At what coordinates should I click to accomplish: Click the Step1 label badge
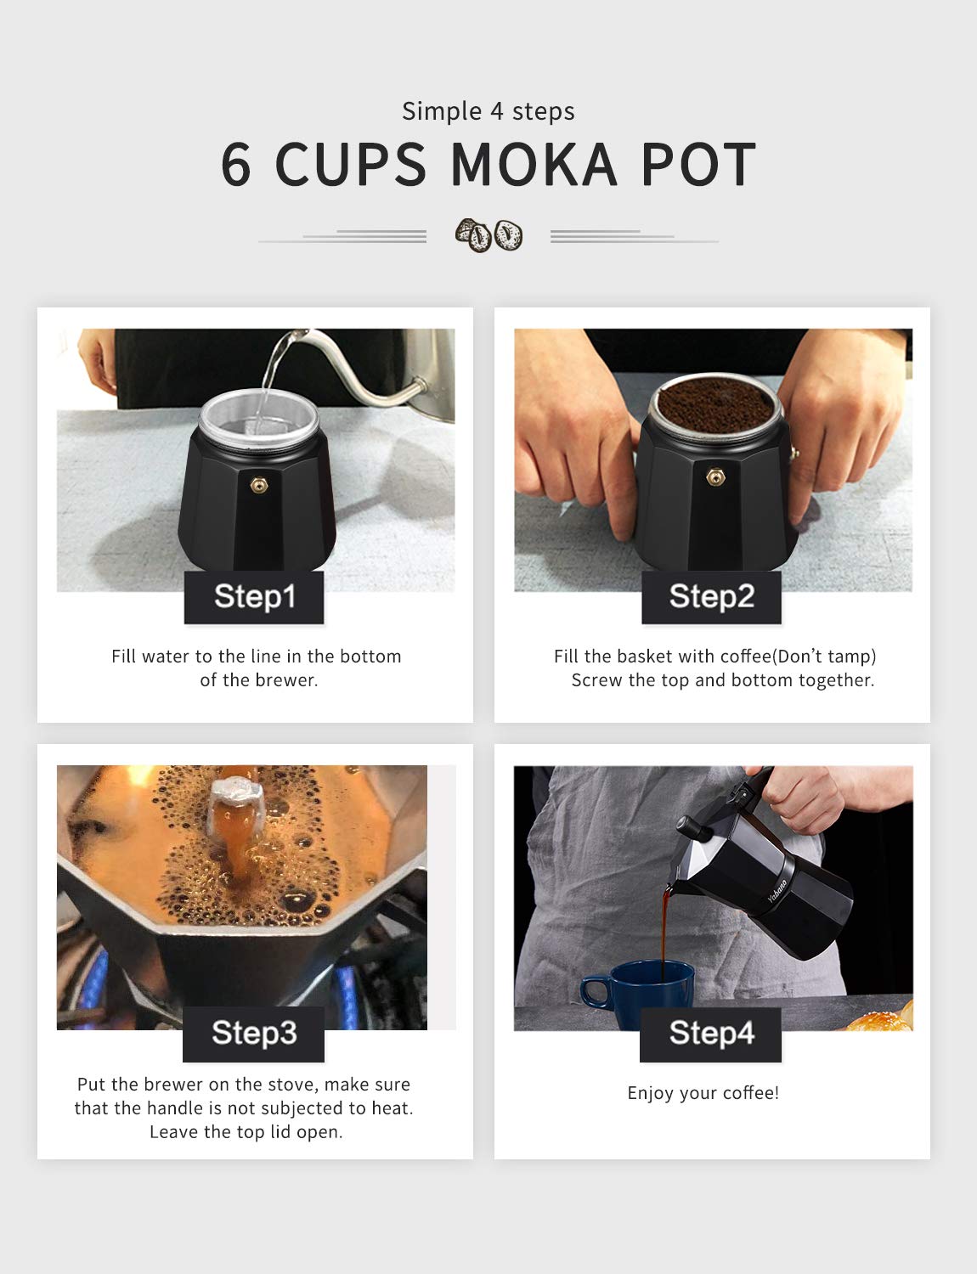[254, 597]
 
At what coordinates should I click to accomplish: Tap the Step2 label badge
[711, 597]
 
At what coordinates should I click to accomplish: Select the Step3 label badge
[253, 1034]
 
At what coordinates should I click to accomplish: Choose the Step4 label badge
[710, 1034]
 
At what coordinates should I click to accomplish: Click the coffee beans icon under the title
[488, 235]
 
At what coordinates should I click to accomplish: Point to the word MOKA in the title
[534, 165]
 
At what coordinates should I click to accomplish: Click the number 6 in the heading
[236, 165]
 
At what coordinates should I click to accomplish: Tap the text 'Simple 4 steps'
[488, 111]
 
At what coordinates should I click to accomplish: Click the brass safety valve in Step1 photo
[257, 482]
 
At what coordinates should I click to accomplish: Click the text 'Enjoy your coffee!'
[703, 1093]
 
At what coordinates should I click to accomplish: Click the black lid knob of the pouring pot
[685, 825]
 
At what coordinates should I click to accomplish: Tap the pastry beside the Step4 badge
[884, 1018]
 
